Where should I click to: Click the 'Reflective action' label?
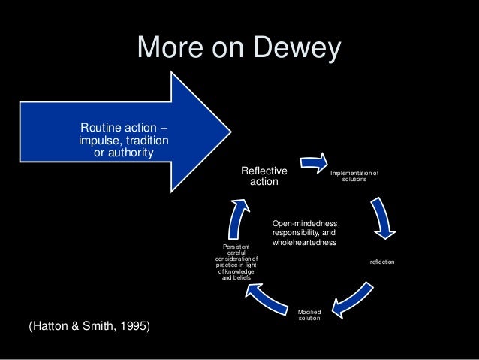264,177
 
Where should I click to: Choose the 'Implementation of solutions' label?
354,176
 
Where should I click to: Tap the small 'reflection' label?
381,261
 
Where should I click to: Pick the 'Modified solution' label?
309,315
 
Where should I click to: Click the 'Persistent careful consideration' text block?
236,262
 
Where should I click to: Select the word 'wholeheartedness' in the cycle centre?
305,243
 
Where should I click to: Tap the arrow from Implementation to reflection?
381,217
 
